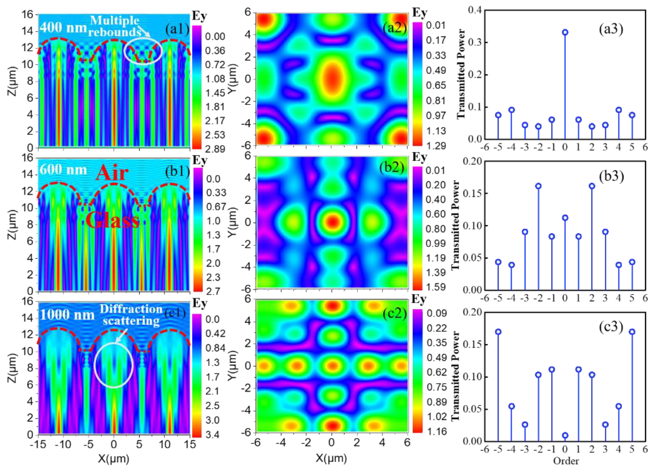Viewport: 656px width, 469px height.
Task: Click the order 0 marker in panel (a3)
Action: pyautogui.click(x=565, y=32)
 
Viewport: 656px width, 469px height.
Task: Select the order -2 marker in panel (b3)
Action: pyautogui.click(x=538, y=186)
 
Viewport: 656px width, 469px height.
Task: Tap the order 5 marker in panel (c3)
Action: pyautogui.click(x=632, y=332)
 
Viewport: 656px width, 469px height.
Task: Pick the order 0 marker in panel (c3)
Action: pyautogui.click(x=565, y=435)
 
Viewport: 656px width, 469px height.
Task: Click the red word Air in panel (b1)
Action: pyautogui.click(x=112, y=173)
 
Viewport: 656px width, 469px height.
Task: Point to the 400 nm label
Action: pyautogui.click(x=63, y=28)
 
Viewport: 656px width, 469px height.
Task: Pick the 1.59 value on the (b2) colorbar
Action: pyautogui.click(x=436, y=287)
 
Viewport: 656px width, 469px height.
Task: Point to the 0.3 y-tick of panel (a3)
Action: pyautogui.click(x=473, y=42)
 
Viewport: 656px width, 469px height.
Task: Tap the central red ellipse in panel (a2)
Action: pyautogui.click(x=332, y=78)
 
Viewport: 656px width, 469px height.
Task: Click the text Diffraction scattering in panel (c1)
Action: pyautogui.click(x=131, y=315)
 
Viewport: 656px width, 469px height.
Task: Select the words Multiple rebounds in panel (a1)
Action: pyautogui.click(x=115, y=26)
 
